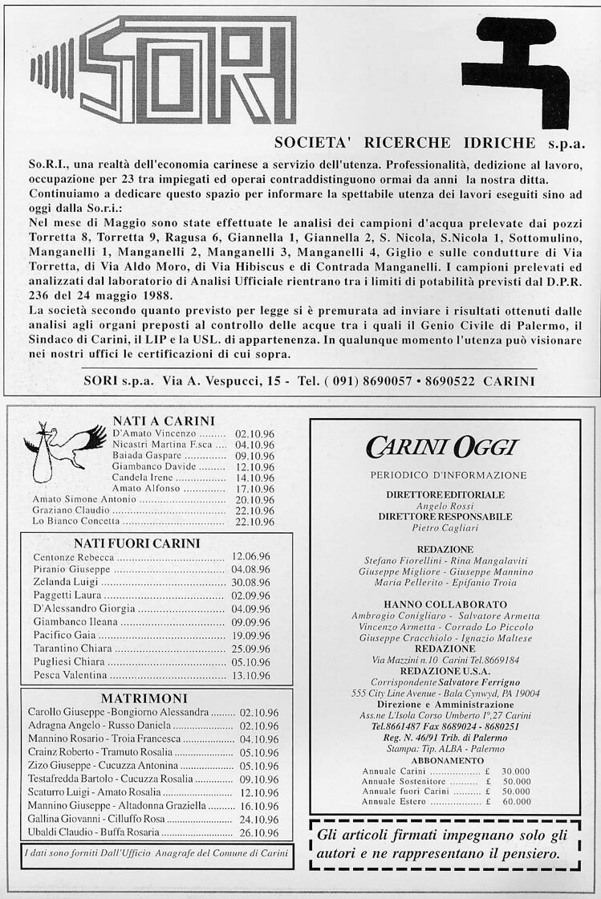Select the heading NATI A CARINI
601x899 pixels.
tap(164, 421)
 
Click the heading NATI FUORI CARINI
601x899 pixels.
tap(136, 543)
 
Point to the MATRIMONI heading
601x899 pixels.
tap(144, 698)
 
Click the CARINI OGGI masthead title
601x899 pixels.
tap(442, 447)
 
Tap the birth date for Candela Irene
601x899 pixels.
tap(254, 477)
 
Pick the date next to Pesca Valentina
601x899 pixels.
tap(250, 676)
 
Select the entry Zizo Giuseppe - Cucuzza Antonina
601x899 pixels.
tap(114, 765)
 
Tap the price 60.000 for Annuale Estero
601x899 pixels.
tap(516, 801)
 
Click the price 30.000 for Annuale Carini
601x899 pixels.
tap(516, 771)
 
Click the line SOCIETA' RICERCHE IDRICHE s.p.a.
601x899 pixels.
tap(429, 144)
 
